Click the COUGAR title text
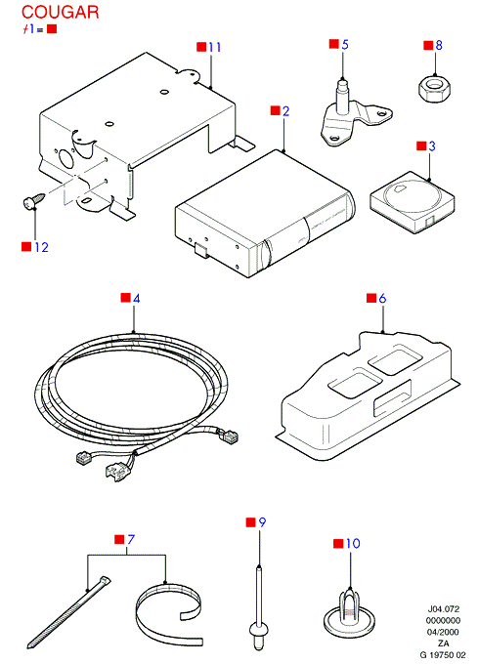point(61,13)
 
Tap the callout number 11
point(215,47)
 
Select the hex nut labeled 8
point(434,89)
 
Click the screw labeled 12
point(33,200)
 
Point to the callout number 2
point(285,111)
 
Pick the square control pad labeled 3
point(413,201)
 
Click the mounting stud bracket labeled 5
point(355,114)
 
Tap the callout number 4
point(136,299)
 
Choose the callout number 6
point(382,299)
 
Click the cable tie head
point(105,581)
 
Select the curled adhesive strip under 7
point(170,614)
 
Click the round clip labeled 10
point(349,612)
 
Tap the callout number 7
point(131,539)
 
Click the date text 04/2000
point(443,632)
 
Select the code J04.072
point(443,609)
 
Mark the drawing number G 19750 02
point(443,655)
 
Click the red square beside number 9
point(250,522)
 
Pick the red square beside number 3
point(421,145)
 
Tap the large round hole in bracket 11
point(65,158)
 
